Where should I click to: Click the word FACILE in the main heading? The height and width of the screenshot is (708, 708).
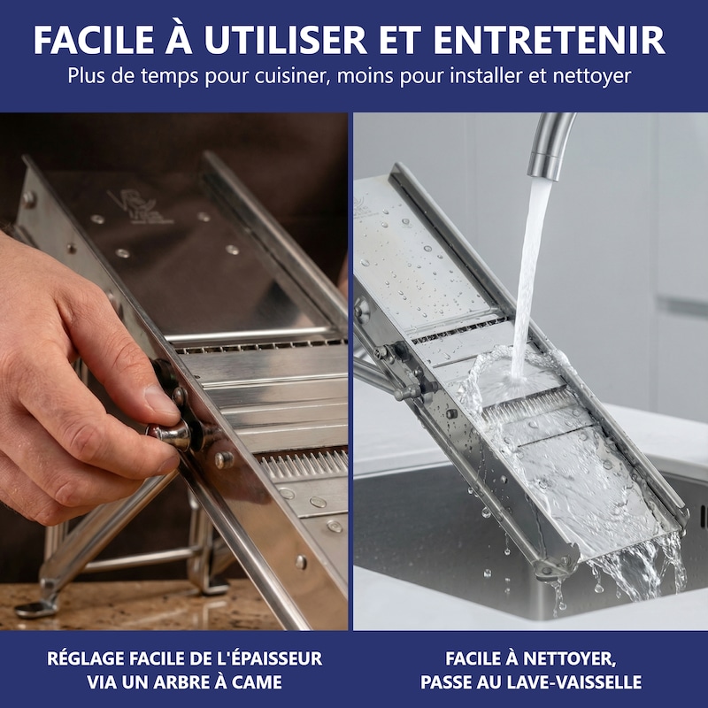(x=95, y=40)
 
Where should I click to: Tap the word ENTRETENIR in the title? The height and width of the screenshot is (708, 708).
(x=549, y=40)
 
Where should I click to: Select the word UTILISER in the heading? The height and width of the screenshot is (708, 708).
(x=285, y=40)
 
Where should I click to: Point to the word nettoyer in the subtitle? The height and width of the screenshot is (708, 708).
(x=592, y=76)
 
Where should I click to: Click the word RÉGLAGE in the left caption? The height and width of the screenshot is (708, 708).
(x=84, y=658)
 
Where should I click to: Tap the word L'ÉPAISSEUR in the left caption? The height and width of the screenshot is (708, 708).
(x=265, y=658)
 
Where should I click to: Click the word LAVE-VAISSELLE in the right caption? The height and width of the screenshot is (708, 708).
(x=581, y=681)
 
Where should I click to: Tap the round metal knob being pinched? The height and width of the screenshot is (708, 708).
(x=171, y=435)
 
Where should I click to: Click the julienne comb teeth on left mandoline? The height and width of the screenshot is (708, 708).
(x=304, y=463)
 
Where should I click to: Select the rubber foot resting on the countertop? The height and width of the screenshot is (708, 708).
(x=35, y=609)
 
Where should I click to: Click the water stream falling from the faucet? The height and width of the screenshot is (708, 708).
(x=527, y=280)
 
